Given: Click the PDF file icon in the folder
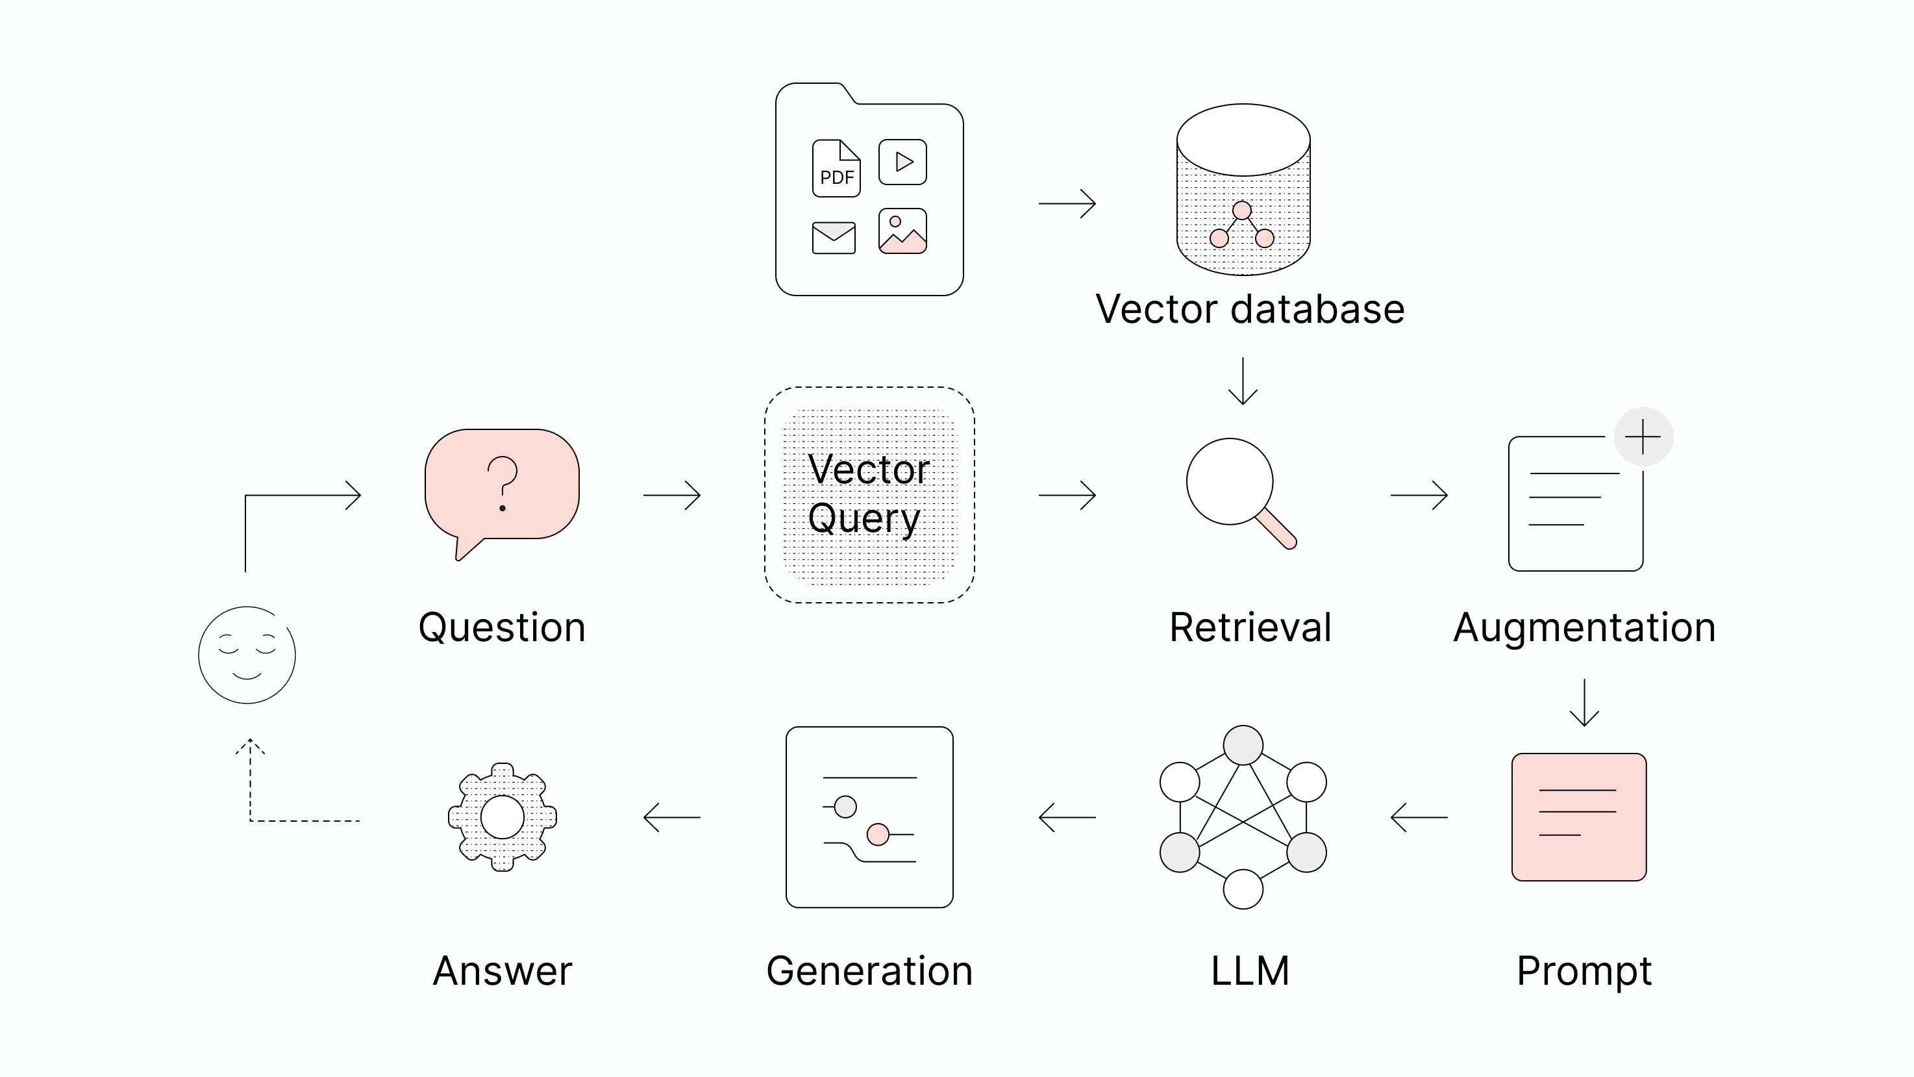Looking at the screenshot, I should pos(836,169).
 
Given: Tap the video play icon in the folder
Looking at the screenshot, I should pos(902,161).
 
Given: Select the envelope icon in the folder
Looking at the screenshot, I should pos(834,238).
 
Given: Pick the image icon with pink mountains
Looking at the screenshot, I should pos(902,231).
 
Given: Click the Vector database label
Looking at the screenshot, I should pos(1250,309).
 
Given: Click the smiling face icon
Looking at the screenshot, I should pos(247,655).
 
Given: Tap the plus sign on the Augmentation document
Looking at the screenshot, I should pos(1643,437).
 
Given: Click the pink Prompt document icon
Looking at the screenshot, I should pos(1579,817).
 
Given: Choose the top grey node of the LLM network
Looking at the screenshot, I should pos(1243,745).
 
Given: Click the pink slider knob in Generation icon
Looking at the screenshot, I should pos(878,835).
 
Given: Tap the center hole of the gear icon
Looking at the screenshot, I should pos(503,817).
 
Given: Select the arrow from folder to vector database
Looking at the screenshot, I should pos(1067,203).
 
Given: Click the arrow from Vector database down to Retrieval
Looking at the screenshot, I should pos(1243,382).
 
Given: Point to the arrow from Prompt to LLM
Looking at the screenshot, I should pos(1419,817).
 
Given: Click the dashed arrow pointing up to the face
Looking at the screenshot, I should pos(251,780).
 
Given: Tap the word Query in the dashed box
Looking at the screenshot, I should pos(864,518).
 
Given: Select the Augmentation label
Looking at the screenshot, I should pos(1584,627).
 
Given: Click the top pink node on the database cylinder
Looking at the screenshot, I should pos(1241,210).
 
